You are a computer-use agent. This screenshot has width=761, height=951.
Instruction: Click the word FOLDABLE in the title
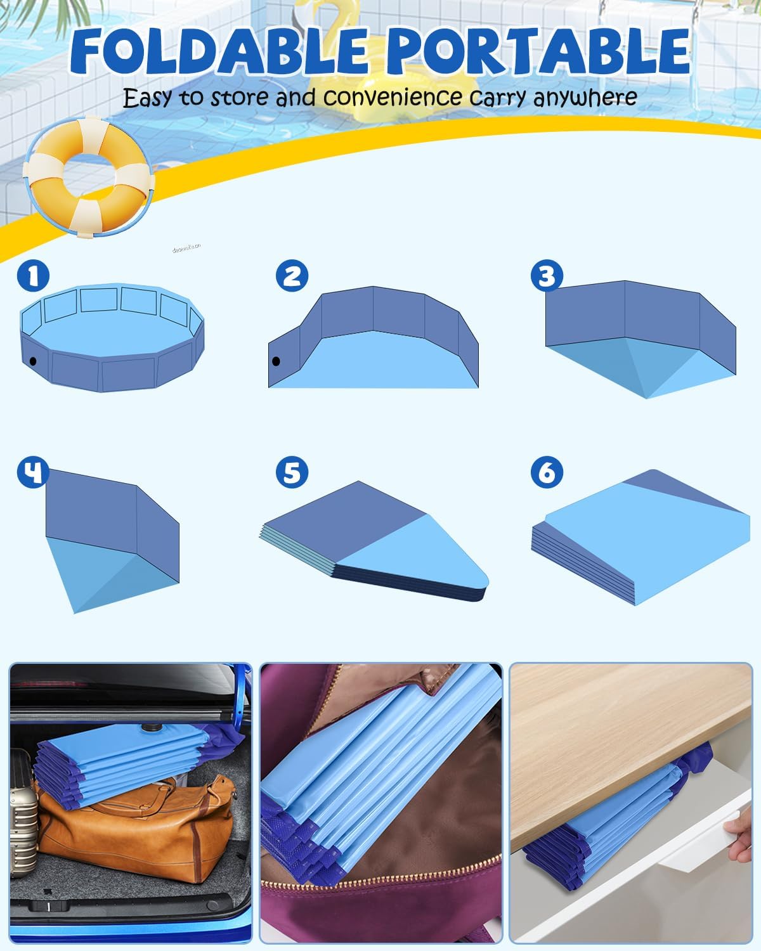coord(219,51)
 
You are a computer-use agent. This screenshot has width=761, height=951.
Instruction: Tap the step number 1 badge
coord(33,276)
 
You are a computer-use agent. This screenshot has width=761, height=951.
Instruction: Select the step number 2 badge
coord(292,276)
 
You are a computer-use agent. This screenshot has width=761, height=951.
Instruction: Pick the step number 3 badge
coord(547,276)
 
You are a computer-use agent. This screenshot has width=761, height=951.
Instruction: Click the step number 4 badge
coord(33,472)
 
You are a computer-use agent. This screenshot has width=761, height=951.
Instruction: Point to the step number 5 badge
coord(292,472)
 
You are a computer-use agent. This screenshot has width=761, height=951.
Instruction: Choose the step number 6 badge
coord(547,472)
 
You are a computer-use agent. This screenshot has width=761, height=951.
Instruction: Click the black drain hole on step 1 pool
coord(32,361)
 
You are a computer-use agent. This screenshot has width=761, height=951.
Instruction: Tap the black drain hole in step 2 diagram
coord(276,361)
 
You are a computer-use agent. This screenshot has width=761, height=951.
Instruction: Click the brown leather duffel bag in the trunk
coord(133,824)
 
